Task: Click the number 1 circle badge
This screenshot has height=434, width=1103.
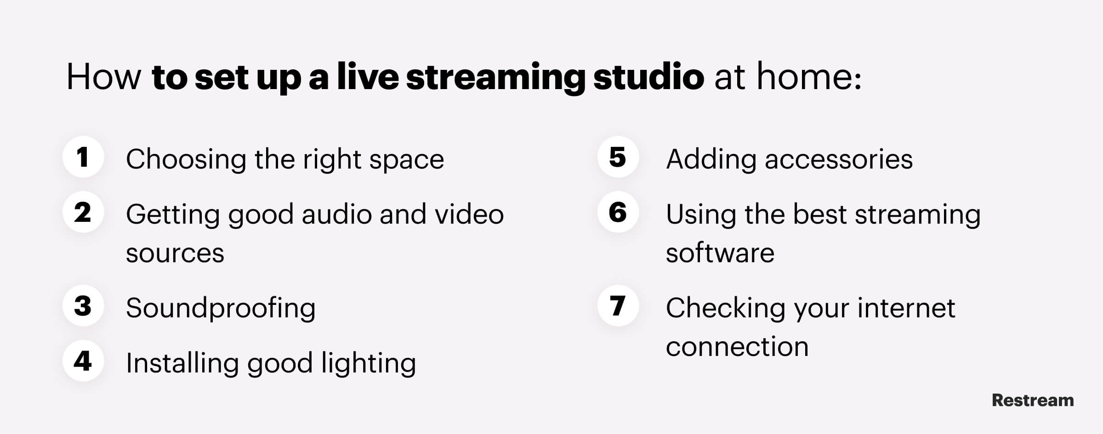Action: pos(83,157)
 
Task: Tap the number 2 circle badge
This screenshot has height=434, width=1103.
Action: pos(83,212)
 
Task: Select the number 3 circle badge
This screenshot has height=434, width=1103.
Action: pos(83,306)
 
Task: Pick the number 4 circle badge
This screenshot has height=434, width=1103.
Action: pos(83,361)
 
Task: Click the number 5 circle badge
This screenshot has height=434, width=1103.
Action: pos(618,157)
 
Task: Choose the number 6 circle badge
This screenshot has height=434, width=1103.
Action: pos(618,212)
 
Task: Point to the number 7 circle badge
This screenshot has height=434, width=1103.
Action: pos(618,306)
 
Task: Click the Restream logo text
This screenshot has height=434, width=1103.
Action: pos(1033,400)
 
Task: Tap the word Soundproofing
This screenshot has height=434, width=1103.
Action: pos(221,308)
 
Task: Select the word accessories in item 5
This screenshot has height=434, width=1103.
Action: pos(838,160)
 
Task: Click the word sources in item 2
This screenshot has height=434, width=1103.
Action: pos(175,254)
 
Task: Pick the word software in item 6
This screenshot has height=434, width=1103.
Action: pos(720,254)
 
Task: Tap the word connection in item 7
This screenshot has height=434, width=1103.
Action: pos(737,347)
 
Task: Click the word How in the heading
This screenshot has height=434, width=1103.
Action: pos(103,77)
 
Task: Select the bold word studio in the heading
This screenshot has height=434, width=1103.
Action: pos(648,77)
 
